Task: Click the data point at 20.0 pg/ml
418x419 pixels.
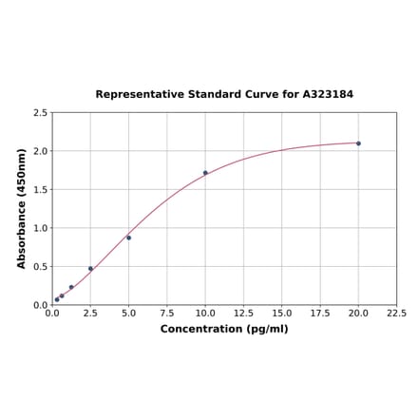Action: [x=358, y=143]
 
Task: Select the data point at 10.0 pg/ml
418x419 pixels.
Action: [x=205, y=173]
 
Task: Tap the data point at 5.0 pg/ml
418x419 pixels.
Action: [x=128, y=238]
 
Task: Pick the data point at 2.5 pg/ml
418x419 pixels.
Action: [x=90, y=269]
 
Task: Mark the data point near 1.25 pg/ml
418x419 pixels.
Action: [x=71, y=287]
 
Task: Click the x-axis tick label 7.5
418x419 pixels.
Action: [x=166, y=314]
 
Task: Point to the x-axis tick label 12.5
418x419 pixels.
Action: [x=243, y=314]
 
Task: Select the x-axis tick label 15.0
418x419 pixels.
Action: [x=281, y=314]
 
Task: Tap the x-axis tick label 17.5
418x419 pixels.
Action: [x=320, y=314]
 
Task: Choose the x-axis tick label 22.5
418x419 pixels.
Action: [x=396, y=314]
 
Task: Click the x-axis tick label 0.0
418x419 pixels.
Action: [x=52, y=314]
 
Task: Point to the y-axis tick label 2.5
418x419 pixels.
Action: [x=41, y=112]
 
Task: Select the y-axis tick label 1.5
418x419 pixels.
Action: [x=41, y=189]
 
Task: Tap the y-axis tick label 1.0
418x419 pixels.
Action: [x=41, y=228]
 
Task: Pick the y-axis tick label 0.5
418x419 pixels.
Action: [x=41, y=267]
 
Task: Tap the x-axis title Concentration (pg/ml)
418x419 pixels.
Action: [x=224, y=329]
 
